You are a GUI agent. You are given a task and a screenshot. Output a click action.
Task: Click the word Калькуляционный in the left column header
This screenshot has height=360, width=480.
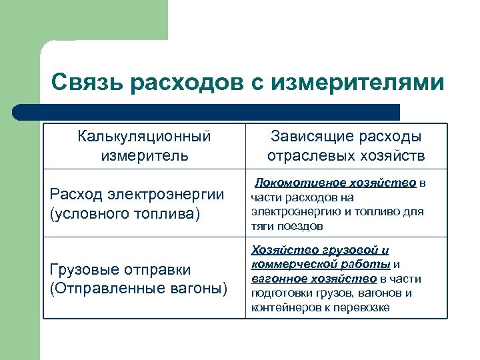(144, 137)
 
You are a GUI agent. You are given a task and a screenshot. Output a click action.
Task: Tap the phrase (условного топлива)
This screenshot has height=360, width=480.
(125, 215)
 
